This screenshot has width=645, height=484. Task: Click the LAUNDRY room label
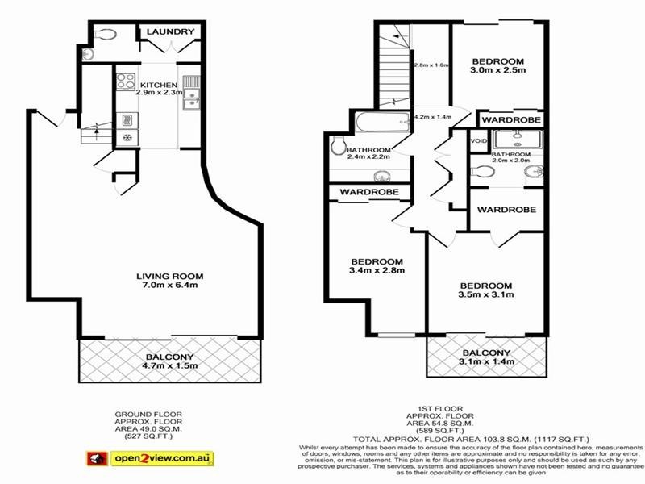click(169, 32)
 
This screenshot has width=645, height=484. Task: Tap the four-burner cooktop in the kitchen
click(126, 81)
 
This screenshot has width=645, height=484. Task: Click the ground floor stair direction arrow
click(96, 127)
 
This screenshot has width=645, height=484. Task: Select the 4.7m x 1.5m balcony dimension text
click(170, 365)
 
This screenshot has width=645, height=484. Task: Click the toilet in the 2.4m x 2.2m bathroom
click(338, 148)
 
